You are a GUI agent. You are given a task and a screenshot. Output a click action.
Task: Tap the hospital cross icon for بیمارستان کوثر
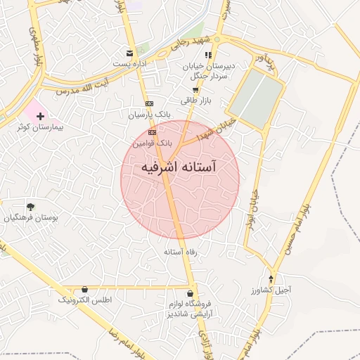pyautogui.click(x=40, y=115)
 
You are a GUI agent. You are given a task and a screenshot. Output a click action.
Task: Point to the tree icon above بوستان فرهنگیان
pyautogui.click(x=30, y=206)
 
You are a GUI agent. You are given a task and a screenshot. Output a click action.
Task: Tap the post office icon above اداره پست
pyautogui.click(x=129, y=53)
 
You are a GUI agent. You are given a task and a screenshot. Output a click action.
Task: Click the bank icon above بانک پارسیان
pyautogui.click(x=148, y=103)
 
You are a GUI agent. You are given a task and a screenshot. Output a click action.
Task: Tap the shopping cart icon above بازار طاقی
pyautogui.click(x=195, y=90)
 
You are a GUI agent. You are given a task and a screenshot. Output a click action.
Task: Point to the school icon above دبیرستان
pyautogui.click(x=208, y=54)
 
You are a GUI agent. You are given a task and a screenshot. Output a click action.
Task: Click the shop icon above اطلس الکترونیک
pyautogui.click(x=85, y=289)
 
